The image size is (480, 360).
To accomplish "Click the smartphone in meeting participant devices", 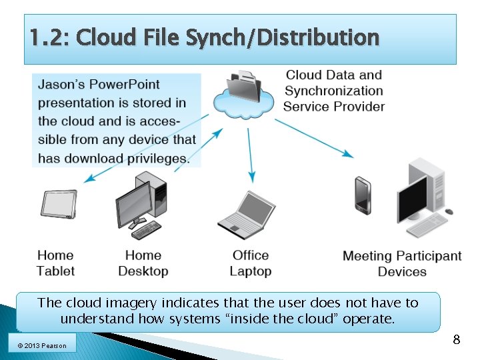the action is coord(363,195).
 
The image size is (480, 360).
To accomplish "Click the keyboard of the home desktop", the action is coord(146,230).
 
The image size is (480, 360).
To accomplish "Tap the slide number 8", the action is coord(456,339).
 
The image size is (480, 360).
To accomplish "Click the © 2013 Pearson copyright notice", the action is coord(43,345).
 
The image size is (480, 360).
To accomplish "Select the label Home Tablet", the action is coord(55,263).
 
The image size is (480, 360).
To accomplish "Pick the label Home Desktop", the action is coord(143,263).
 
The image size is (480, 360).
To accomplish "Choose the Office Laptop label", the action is coord(251,263).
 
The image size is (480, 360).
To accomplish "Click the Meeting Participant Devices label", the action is coord(402,263).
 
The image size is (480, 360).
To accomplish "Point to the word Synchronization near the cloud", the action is coord(333,91).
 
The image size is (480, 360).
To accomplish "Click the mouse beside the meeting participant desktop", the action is coord(449,211).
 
